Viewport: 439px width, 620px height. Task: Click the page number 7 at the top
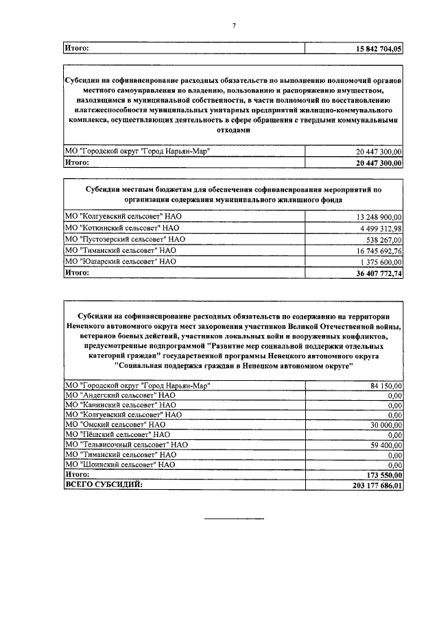pos(234,26)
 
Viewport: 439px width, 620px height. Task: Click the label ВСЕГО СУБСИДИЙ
pos(104,484)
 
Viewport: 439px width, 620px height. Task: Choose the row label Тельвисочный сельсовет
pos(126,444)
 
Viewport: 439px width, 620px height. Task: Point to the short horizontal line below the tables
pos(234,518)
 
